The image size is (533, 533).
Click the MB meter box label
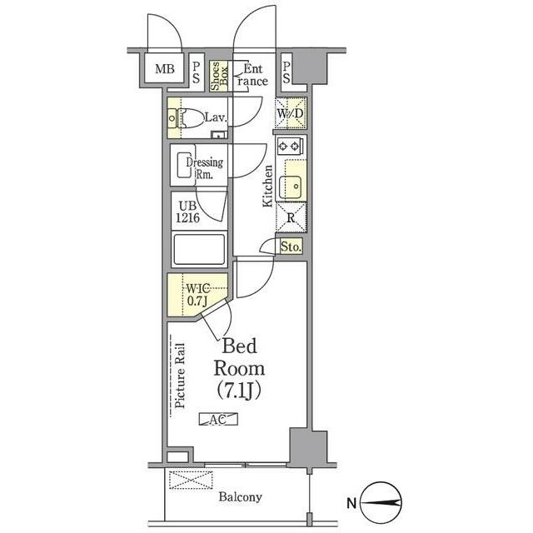pos(165,68)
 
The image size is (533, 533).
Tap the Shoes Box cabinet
pos(215,75)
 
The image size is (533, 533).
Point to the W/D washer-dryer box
pos(291,113)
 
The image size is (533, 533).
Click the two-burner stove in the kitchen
pos(291,147)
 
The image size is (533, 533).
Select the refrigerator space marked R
pos(291,219)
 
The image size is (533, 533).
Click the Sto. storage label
pos(290,247)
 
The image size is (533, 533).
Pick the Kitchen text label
pos(268,185)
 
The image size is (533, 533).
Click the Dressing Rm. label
pos(203,167)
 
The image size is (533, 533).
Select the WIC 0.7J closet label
pos(197,294)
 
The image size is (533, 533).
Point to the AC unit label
pos(218,420)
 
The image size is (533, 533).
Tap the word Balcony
pos(240,497)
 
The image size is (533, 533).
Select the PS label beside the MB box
pos(196,72)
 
